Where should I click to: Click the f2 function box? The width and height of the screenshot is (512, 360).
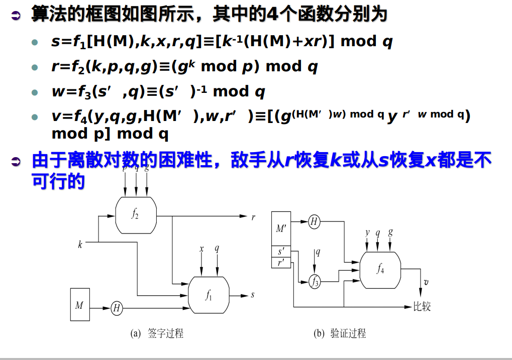(x=136, y=215)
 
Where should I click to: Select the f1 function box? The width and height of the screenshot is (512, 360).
(x=209, y=295)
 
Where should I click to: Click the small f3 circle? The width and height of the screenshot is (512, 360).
(x=315, y=282)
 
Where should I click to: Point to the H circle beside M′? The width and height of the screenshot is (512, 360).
(x=314, y=221)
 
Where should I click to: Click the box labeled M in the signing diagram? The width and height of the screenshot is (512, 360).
(x=79, y=304)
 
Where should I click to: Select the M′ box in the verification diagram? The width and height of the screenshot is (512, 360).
(x=281, y=228)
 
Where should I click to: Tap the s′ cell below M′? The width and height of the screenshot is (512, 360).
(x=281, y=252)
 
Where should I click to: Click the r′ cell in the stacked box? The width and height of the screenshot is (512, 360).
(x=281, y=263)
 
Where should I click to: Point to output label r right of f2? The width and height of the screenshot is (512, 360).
(x=253, y=217)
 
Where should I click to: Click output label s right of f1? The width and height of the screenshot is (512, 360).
(x=252, y=295)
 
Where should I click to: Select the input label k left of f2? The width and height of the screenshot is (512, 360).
(x=80, y=245)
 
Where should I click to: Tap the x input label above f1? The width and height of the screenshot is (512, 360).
(x=201, y=249)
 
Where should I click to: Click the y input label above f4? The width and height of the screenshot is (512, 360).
(x=367, y=232)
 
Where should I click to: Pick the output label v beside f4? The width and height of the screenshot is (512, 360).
(x=426, y=282)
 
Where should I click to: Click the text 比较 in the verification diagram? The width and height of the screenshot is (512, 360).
(x=422, y=306)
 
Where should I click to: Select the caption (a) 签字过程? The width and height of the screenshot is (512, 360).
(x=157, y=333)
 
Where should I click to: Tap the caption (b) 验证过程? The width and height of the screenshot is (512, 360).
(x=340, y=333)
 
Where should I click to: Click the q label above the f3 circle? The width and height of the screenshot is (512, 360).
(x=318, y=253)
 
